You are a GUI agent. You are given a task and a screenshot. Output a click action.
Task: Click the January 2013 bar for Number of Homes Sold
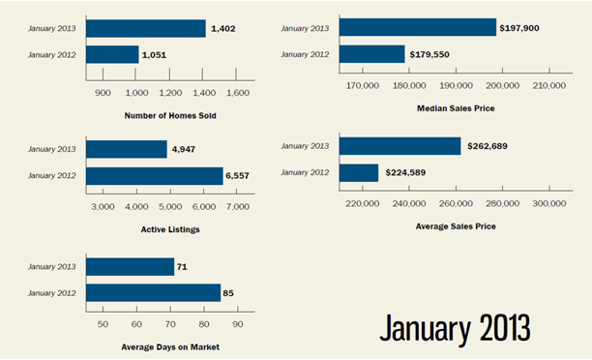[146, 28]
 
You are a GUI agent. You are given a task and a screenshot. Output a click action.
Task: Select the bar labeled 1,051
[112, 55]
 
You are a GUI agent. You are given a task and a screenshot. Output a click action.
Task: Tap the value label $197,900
[519, 28]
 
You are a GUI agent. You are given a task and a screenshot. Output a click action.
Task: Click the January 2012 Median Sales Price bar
[371, 54]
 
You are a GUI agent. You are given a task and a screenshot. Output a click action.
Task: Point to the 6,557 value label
[238, 176]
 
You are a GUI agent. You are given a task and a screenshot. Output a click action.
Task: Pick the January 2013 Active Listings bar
[127, 149]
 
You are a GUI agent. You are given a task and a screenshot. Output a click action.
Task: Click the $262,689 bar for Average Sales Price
[400, 146]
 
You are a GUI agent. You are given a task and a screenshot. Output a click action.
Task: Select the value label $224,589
[405, 172]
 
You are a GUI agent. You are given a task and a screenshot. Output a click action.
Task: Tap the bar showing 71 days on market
[130, 267]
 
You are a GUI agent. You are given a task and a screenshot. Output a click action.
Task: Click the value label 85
[228, 293]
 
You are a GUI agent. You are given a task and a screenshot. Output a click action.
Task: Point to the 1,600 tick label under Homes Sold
[238, 93]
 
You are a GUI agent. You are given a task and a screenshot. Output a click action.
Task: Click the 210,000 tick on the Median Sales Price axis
[549, 86]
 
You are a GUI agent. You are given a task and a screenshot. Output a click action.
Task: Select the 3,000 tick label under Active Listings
[103, 207]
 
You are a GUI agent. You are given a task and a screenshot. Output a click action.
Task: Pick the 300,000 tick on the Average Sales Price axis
[549, 203]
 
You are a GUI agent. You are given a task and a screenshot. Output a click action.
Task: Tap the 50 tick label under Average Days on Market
[103, 324]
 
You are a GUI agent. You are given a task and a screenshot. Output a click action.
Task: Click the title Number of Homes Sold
[170, 115]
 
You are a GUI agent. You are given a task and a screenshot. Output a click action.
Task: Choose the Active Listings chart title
[170, 229]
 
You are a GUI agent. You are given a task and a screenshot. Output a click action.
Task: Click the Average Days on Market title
[170, 346]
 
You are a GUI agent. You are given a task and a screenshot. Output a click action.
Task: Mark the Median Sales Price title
[456, 108]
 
